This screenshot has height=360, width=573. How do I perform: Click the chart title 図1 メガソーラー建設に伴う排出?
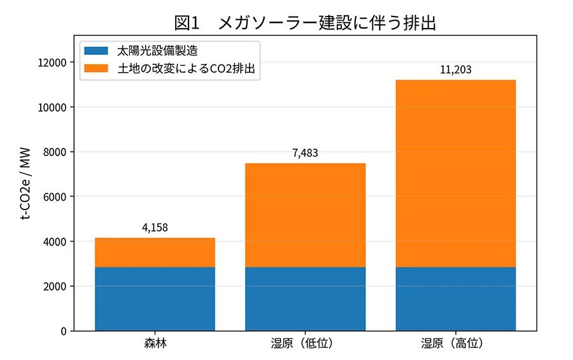[x=305, y=23]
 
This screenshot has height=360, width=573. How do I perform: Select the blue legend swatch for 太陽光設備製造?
[x=96, y=50]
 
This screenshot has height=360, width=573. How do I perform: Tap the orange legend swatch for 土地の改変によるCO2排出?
[x=96, y=68]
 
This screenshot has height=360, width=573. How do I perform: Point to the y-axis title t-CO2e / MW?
[x=25, y=184]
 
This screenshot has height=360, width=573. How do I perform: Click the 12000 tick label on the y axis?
[x=52, y=62]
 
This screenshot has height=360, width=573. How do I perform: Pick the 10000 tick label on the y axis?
[x=52, y=108]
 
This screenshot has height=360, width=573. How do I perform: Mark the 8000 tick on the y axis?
[x=55, y=152]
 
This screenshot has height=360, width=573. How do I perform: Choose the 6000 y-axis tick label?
[x=55, y=197]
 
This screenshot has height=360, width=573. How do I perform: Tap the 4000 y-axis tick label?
[x=55, y=242]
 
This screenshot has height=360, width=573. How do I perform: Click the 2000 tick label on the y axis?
[x=55, y=287]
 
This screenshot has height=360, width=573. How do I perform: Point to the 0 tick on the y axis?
[x=64, y=331]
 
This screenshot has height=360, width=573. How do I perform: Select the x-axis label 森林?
[x=155, y=343]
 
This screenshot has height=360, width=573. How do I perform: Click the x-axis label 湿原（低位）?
[x=305, y=343]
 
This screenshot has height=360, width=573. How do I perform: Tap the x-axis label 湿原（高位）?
[x=455, y=343]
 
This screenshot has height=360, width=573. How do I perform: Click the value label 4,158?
[x=155, y=227]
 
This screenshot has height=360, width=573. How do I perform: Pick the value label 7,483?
[x=305, y=153]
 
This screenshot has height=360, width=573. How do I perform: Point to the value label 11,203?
[x=455, y=69]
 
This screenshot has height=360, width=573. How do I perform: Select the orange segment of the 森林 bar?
[x=155, y=252]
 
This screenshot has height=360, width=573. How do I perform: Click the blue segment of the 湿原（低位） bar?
[x=305, y=299]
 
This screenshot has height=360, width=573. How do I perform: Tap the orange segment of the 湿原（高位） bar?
[x=455, y=173]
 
